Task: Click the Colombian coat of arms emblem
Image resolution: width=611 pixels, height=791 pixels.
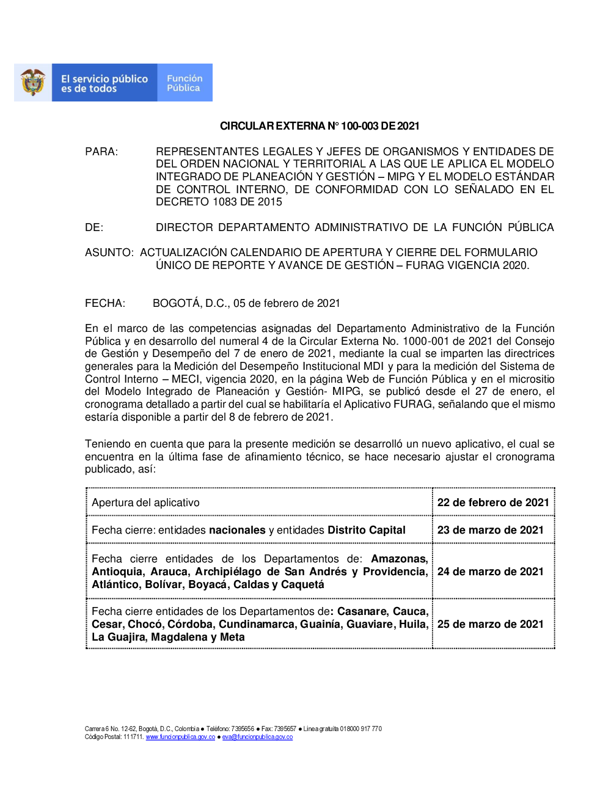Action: pyautogui.click(x=33, y=83)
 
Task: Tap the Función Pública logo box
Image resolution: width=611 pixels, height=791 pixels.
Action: pyautogui.click(x=185, y=83)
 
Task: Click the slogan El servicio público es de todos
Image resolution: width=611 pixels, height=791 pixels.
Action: pyautogui.click(x=104, y=83)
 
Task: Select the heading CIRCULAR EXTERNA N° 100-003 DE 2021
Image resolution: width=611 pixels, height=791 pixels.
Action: pyautogui.click(x=320, y=126)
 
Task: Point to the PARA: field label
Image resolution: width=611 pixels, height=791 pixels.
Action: pyautogui.click(x=101, y=152)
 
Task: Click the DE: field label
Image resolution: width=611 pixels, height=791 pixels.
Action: pyautogui.click(x=94, y=227)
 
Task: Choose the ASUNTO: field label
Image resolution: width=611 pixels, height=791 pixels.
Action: pyautogui.click(x=109, y=252)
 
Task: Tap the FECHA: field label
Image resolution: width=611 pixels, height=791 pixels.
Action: pyautogui.click(x=105, y=303)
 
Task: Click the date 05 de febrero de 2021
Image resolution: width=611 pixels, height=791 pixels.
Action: pyautogui.click(x=287, y=303)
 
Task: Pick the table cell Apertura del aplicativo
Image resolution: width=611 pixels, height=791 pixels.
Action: pyautogui.click(x=145, y=502)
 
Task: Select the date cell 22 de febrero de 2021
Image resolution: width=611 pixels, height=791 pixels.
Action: pyautogui.click(x=493, y=502)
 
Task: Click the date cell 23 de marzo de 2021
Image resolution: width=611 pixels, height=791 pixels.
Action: pyautogui.click(x=490, y=530)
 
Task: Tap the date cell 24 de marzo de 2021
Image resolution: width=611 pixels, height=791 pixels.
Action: pyautogui.click(x=490, y=572)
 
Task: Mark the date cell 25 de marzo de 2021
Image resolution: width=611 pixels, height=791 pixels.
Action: pyautogui.click(x=490, y=624)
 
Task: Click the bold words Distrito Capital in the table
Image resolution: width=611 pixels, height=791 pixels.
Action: pyautogui.click(x=367, y=530)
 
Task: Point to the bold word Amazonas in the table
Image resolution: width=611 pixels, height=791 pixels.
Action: pyautogui.click(x=399, y=559)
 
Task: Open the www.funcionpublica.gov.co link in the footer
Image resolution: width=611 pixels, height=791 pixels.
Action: pyautogui.click(x=180, y=737)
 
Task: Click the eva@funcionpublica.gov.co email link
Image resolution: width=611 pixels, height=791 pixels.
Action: pyautogui.click(x=257, y=737)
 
